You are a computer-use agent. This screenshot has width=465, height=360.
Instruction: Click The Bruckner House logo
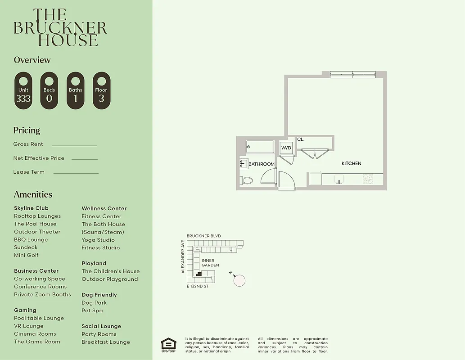pyautogui.click(x=60, y=28)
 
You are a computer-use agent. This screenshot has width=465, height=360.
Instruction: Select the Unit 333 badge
pyautogui.click(x=23, y=90)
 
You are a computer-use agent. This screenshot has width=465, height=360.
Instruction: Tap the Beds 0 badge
pyautogui.click(x=49, y=90)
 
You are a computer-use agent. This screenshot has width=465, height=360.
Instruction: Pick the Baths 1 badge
pyautogui.click(x=76, y=90)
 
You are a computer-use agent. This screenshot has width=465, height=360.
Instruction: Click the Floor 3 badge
pyautogui.click(x=101, y=90)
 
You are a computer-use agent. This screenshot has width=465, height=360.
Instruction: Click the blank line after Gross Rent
pyautogui.click(x=74, y=145)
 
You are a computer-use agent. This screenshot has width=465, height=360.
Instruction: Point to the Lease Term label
pyautogui.click(x=29, y=172)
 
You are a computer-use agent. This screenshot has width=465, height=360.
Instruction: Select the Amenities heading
pyautogui.click(x=33, y=194)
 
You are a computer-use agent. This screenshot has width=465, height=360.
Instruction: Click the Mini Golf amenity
pyautogui.click(x=26, y=255)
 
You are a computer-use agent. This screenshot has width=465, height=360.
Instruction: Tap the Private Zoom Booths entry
pyautogui.click(x=42, y=294)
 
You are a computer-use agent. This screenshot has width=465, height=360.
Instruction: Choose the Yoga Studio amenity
pyautogui.click(x=98, y=240)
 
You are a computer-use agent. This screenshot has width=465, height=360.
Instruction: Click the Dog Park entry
pyautogui.click(x=94, y=303)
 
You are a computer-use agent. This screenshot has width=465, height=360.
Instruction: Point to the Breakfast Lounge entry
pyautogui.click(x=106, y=342)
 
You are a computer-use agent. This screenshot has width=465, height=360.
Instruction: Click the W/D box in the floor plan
pyautogui.click(x=286, y=148)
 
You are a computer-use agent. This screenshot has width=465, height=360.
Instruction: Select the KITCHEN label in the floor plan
pyautogui.click(x=351, y=163)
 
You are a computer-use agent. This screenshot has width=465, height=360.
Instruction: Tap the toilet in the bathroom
pyautogui.click(x=247, y=180)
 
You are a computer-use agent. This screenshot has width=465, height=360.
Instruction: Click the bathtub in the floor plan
pyautogui.click(x=260, y=147)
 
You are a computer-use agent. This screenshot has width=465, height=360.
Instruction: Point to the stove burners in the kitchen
pyautogui.click(x=368, y=179)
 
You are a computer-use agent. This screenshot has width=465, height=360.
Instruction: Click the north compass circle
pyautogui.click(x=239, y=281)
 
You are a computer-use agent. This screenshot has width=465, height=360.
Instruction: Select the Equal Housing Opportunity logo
pyautogui.click(x=169, y=344)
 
